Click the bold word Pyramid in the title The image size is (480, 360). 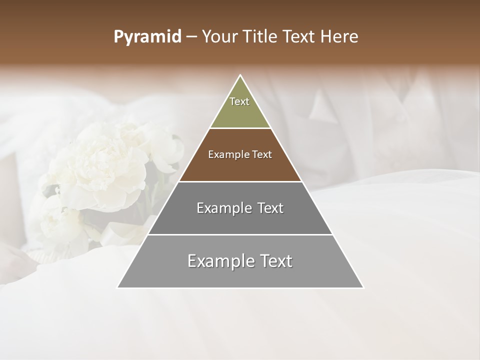click(x=147, y=37)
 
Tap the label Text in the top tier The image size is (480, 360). click(x=239, y=101)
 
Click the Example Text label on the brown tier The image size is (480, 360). click(x=240, y=154)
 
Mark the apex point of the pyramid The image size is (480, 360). click(x=240, y=75)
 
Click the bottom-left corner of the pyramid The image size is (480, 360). click(x=117, y=287)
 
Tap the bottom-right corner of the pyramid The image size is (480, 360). click(x=363, y=287)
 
